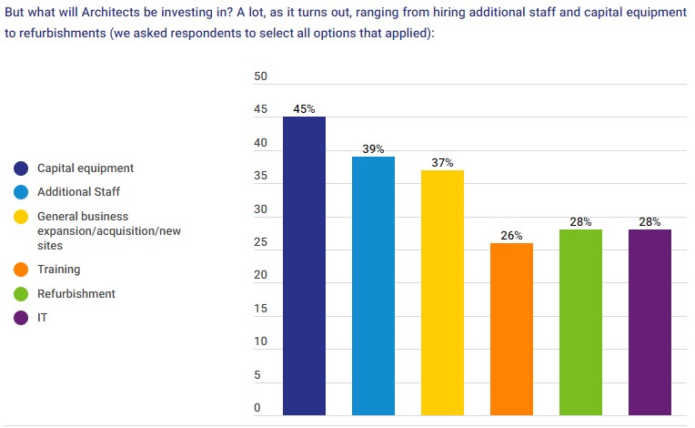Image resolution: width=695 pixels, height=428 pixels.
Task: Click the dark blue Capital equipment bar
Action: click(304, 266)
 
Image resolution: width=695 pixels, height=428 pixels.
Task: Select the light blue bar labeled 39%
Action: click(373, 286)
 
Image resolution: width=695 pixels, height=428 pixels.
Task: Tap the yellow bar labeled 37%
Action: click(442, 292)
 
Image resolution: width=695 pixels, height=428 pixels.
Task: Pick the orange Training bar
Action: click(511, 329)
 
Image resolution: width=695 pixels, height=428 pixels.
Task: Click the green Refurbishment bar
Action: click(580, 322)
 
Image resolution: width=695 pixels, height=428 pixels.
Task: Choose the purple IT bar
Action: click(650, 322)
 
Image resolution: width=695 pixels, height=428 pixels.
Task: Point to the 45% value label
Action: click(304, 109)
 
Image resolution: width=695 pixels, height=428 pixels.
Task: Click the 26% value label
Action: click(511, 236)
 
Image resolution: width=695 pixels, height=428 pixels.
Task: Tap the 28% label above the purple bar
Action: click(650, 222)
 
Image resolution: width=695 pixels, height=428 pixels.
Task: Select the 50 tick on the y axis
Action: click(260, 77)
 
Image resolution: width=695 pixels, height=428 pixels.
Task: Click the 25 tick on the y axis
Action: click(260, 243)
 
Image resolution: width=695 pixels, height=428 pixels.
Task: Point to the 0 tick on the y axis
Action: click(257, 409)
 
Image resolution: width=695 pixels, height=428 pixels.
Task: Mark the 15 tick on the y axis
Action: click(260, 310)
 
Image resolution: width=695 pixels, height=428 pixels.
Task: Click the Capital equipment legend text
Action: click(86, 168)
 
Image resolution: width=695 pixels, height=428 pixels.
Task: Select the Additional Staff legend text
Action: click(78, 192)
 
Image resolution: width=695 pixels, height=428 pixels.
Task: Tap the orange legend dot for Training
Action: click(20, 270)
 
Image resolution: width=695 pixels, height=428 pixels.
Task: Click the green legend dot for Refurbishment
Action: click(20, 294)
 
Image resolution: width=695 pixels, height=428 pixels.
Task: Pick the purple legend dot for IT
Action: click(20, 318)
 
